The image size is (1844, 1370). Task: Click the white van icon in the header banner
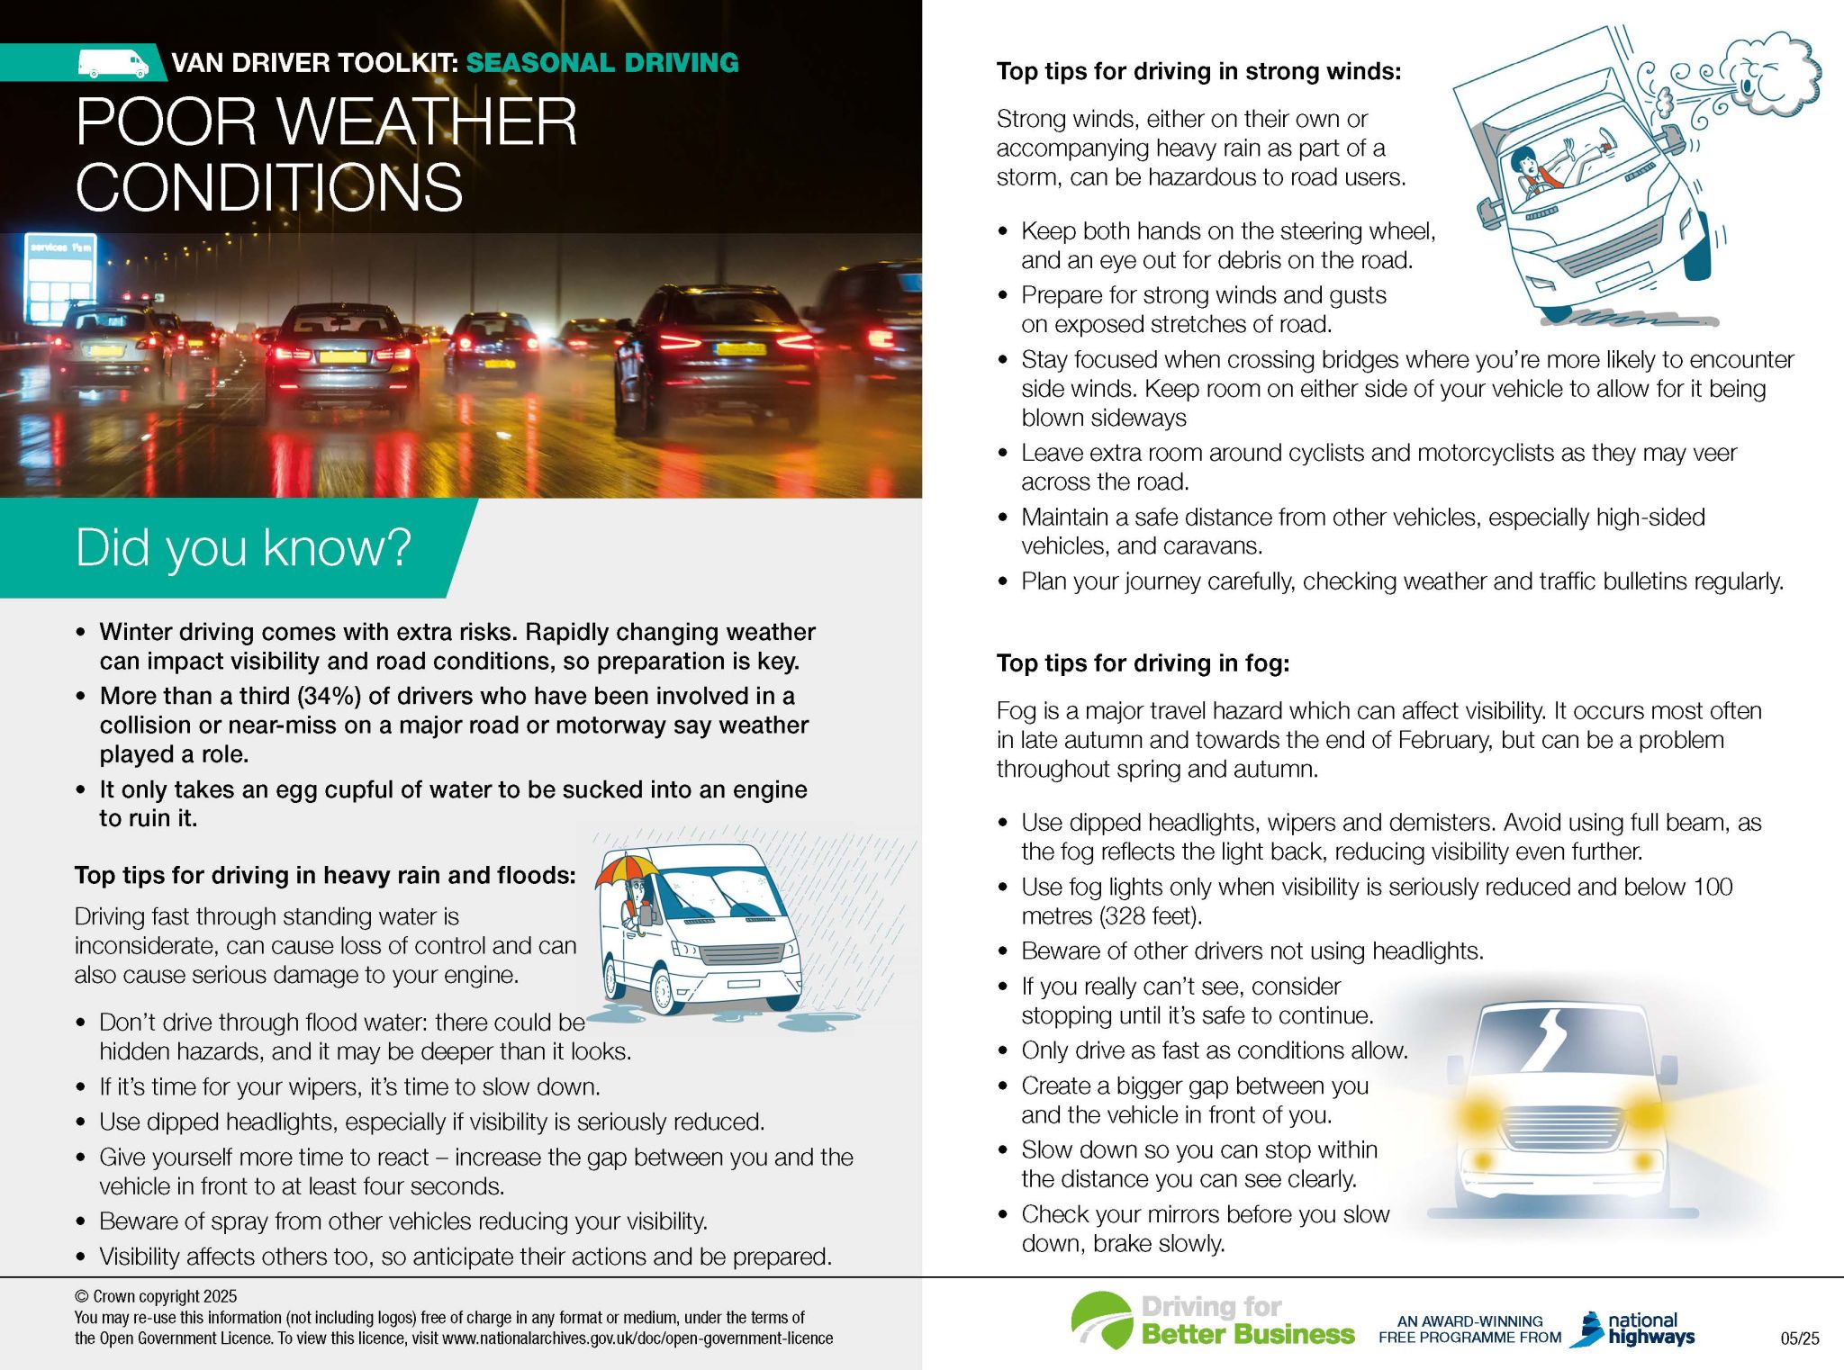(113, 63)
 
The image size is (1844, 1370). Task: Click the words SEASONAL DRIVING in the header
(602, 63)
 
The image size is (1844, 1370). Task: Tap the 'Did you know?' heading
(243, 546)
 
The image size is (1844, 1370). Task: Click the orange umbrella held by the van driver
(628, 868)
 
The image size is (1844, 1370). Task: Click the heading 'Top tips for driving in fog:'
(1143, 663)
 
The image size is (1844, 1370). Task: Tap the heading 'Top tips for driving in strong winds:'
(1198, 71)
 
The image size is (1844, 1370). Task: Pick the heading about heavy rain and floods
(325, 875)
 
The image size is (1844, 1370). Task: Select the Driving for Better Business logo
(1212, 1321)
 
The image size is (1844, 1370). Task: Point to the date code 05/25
(1799, 1338)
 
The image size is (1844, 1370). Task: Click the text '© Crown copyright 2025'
(156, 1296)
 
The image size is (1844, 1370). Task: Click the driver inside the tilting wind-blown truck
(1529, 172)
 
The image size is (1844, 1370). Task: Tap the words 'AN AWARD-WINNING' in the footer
(1469, 1321)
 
